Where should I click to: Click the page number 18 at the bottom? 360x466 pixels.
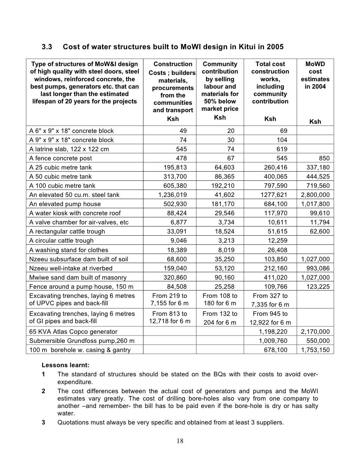[x=180, y=441]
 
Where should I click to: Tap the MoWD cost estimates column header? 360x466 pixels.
[x=315, y=75]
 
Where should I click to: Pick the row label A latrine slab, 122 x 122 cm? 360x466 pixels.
[x=69, y=149]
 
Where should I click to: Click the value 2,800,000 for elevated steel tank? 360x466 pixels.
[x=315, y=195]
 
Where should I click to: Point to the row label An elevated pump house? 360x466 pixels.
[x=65, y=204]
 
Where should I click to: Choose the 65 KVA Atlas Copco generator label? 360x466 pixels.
[x=73, y=332]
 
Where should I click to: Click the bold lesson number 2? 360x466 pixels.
[x=43, y=391]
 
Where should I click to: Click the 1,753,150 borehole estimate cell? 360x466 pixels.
[x=315, y=350]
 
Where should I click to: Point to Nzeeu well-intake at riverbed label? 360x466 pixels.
[x=71, y=268]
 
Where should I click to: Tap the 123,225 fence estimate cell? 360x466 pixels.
[x=318, y=287]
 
